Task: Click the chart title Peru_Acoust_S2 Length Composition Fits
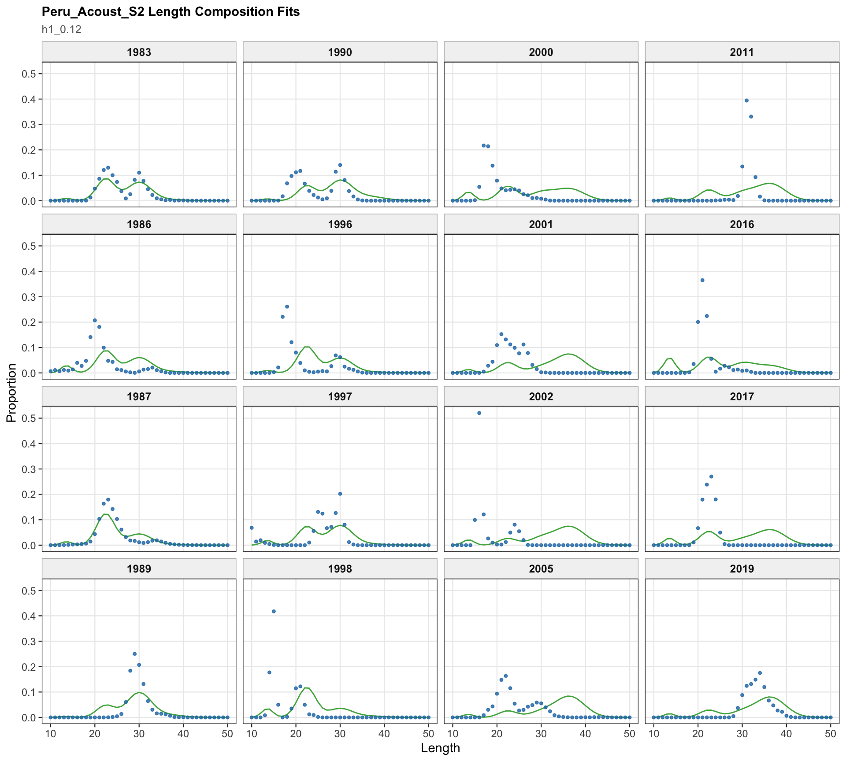pyautogui.click(x=171, y=12)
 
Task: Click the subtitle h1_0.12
pyautogui.click(x=62, y=30)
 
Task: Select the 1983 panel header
pyautogui.click(x=139, y=52)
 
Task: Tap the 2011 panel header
pyautogui.click(x=742, y=52)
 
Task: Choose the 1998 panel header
pyautogui.click(x=340, y=569)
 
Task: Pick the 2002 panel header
pyautogui.click(x=541, y=396)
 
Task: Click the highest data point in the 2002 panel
pyautogui.click(x=479, y=413)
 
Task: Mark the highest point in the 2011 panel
pyautogui.click(x=746, y=100)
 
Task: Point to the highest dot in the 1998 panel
pyautogui.click(x=274, y=611)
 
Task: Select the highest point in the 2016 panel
pyautogui.click(x=702, y=280)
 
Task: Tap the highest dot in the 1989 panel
pyautogui.click(x=135, y=654)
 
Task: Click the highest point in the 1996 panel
pyautogui.click(x=287, y=307)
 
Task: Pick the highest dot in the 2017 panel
pyautogui.click(x=711, y=477)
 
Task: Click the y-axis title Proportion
pyautogui.click(x=11, y=393)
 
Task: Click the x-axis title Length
pyautogui.click(x=440, y=748)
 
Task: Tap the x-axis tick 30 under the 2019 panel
pyautogui.click(x=742, y=734)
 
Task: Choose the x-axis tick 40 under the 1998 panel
pyautogui.click(x=384, y=734)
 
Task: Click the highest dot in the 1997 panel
pyautogui.click(x=340, y=494)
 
